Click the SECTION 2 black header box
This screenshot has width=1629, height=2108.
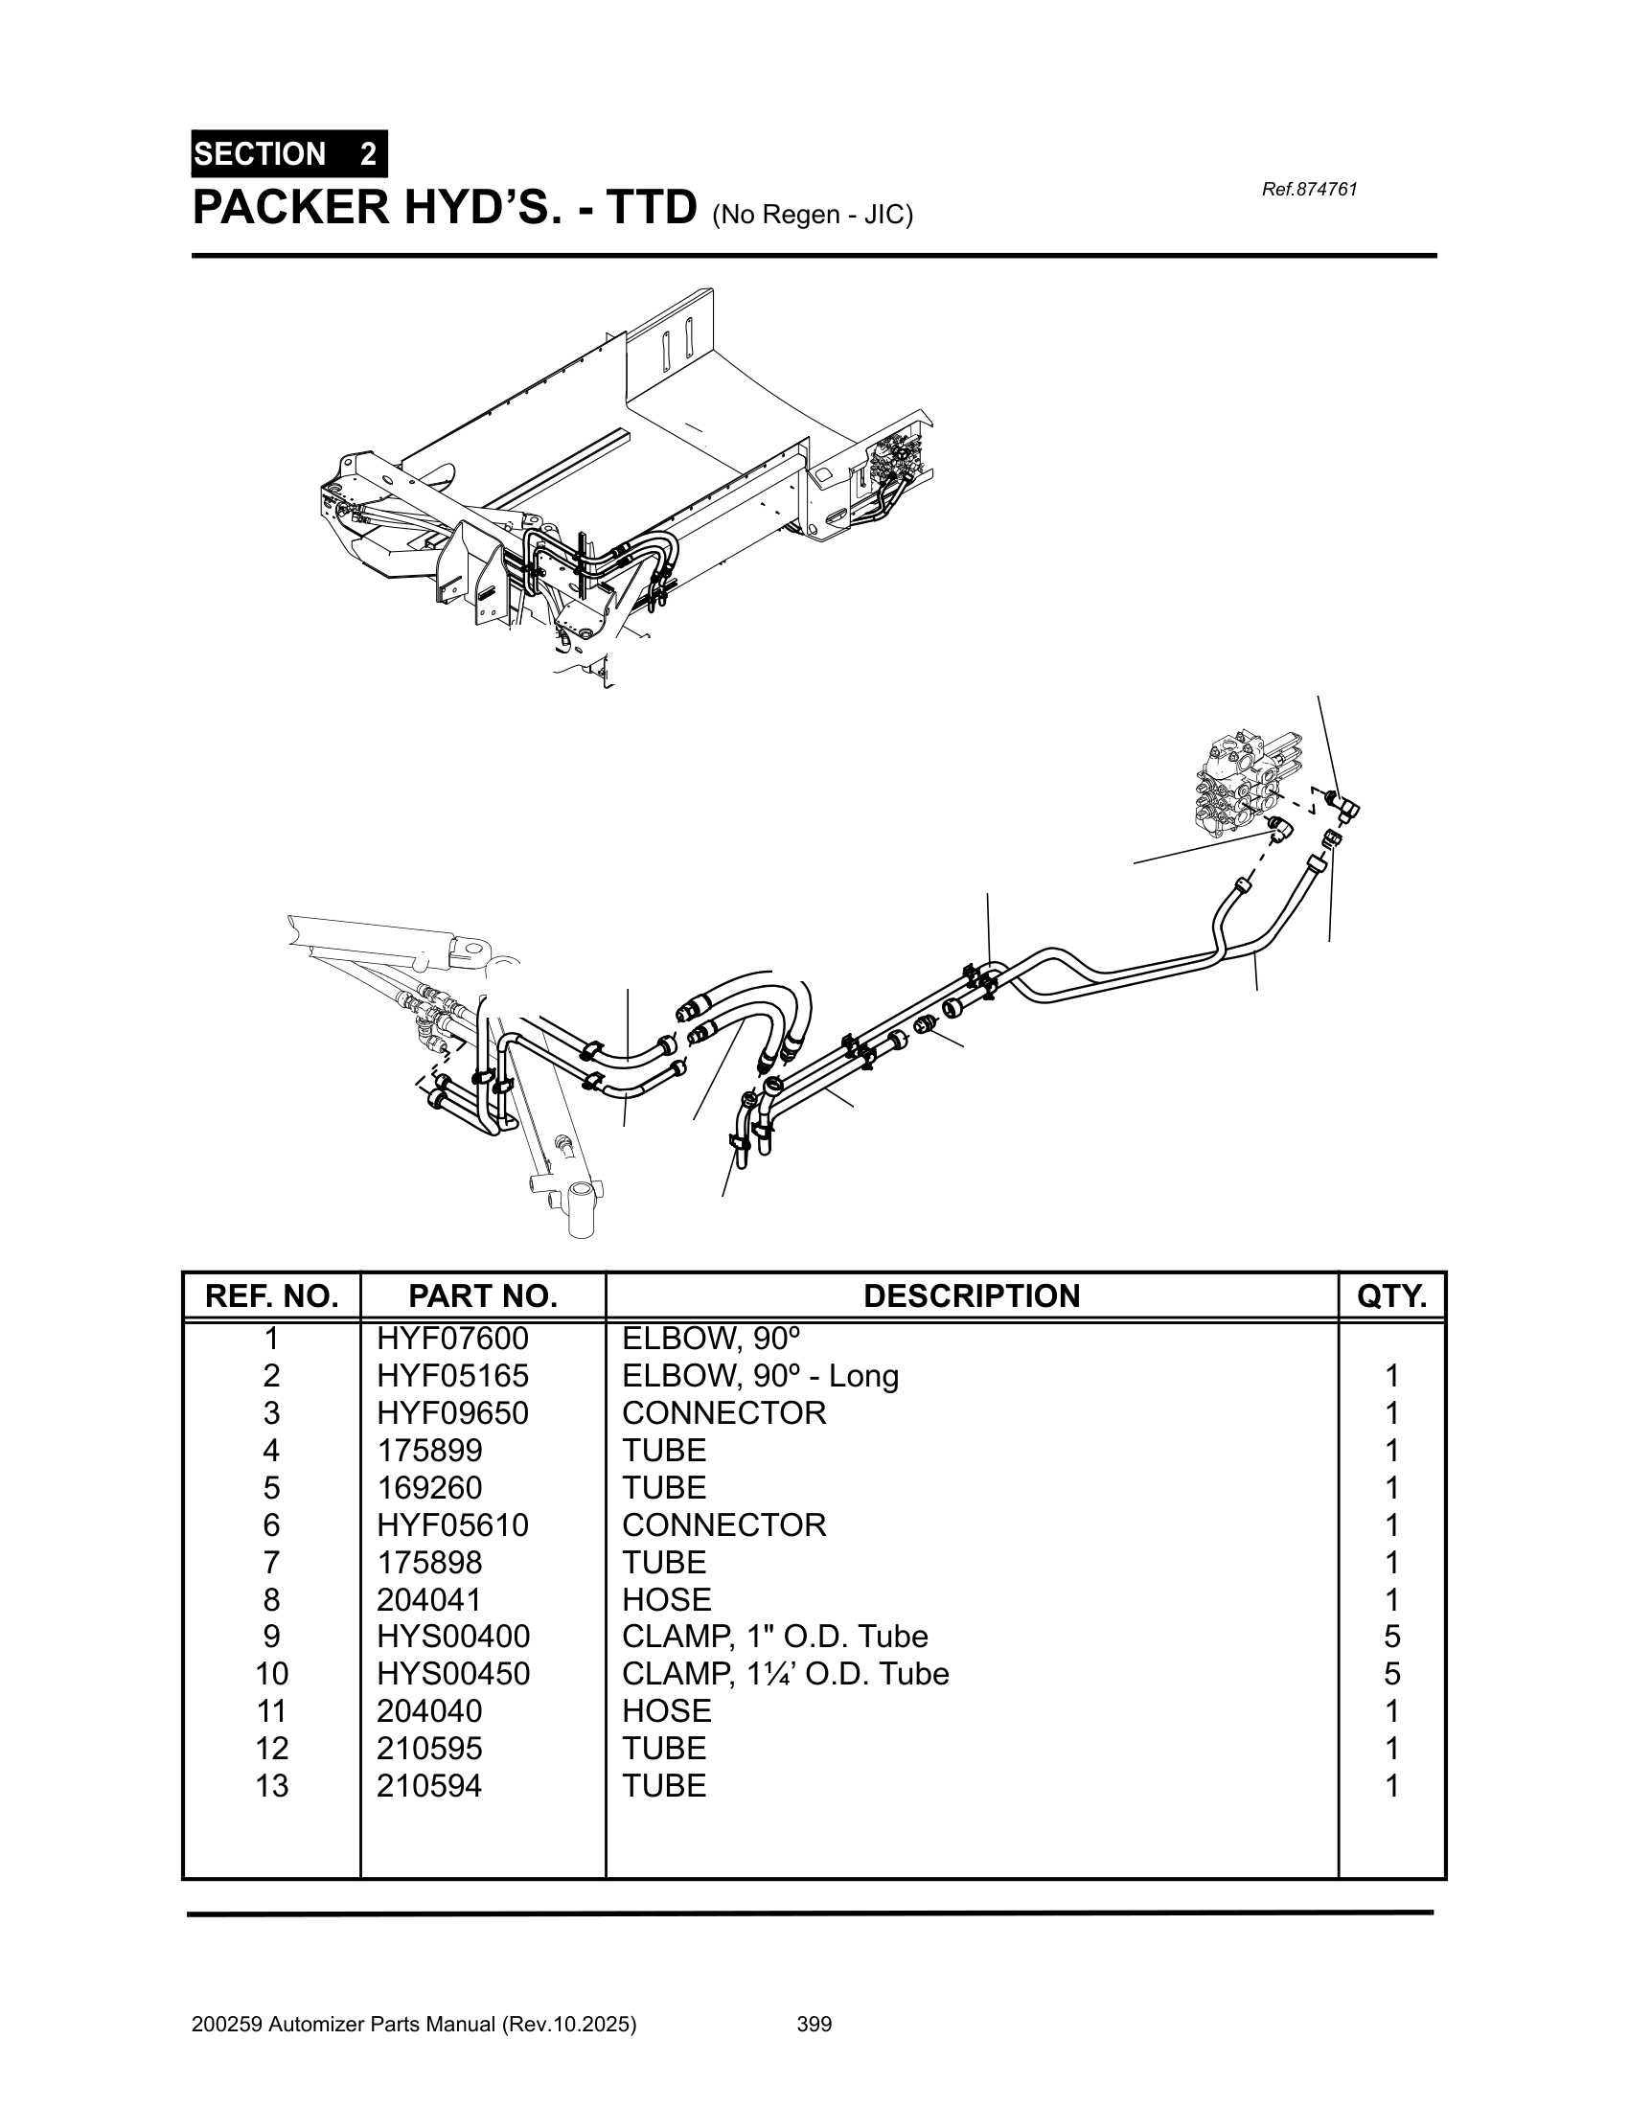click(x=288, y=153)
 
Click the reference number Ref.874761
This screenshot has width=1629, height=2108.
click(x=1309, y=189)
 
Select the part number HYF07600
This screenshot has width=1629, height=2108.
click(x=452, y=1339)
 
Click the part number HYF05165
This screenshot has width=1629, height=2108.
click(x=452, y=1375)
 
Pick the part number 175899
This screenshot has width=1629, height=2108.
click(x=429, y=1450)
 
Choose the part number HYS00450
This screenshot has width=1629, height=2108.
click(x=452, y=1674)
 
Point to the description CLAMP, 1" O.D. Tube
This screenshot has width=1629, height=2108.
click(x=774, y=1636)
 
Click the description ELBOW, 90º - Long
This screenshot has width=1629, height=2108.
click(x=760, y=1375)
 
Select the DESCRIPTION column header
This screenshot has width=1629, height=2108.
click(x=971, y=1295)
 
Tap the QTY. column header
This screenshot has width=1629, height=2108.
click(x=1390, y=1295)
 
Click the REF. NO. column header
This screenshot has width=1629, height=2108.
click(x=271, y=1295)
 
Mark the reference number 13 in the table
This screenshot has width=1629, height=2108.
click(x=271, y=1786)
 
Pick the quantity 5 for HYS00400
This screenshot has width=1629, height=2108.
click(x=1390, y=1636)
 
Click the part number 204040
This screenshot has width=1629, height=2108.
click(x=429, y=1711)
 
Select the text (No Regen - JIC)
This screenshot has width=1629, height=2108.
click(x=812, y=215)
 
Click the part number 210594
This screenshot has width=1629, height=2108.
click(x=429, y=1786)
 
